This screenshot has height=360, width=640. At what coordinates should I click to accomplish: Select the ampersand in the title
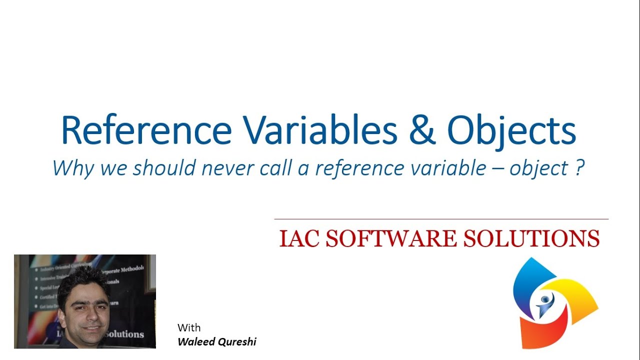[x=422, y=130]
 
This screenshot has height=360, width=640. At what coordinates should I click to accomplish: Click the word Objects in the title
[x=511, y=131]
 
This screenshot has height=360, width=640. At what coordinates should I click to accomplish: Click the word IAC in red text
[x=298, y=238]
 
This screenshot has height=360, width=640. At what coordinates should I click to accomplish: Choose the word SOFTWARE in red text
[x=391, y=238]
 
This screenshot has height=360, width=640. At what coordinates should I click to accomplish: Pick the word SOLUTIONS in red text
[x=531, y=238]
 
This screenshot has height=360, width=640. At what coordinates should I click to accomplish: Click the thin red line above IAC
[x=441, y=219]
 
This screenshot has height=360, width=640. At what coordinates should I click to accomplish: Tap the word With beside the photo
[x=189, y=328]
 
